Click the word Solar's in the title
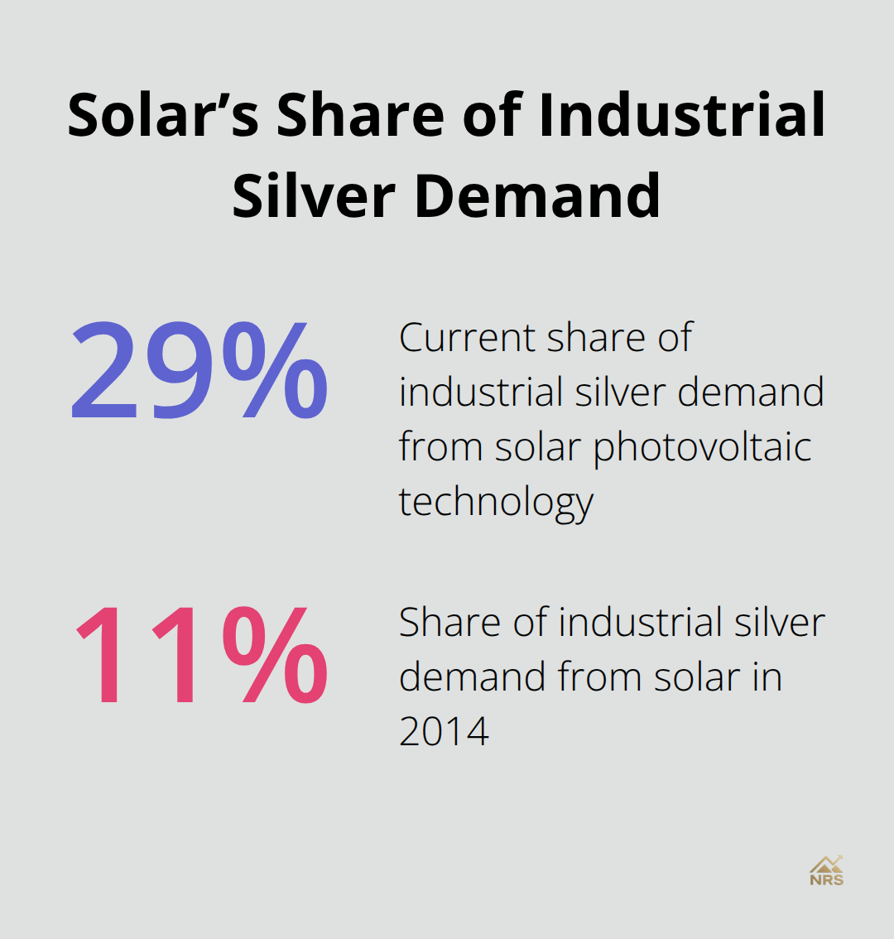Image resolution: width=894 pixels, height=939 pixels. [162, 115]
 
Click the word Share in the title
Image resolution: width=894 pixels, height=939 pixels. [360, 115]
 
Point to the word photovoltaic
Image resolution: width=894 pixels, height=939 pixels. [702, 448]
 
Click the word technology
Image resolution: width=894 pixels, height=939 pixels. [496, 503]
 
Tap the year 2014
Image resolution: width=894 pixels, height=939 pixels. [444, 731]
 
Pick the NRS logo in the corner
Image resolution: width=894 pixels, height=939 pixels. [826, 871]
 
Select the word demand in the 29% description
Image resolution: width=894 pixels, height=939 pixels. [751, 392]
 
